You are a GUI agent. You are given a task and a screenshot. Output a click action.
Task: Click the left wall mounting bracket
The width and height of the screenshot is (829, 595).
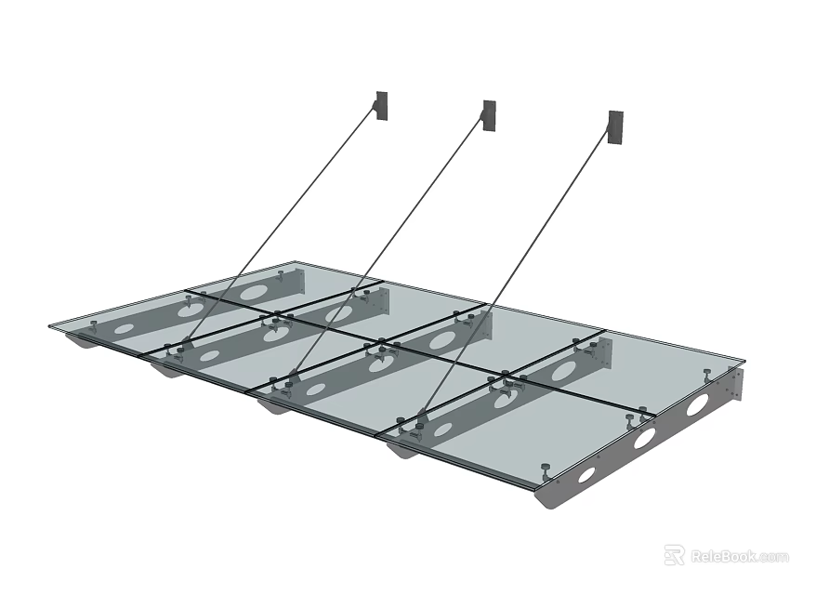(x=382, y=104)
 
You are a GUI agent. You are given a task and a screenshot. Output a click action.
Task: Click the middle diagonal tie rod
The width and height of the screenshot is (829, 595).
(x=390, y=242)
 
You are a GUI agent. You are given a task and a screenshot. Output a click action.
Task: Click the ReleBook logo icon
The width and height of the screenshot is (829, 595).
(x=674, y=556)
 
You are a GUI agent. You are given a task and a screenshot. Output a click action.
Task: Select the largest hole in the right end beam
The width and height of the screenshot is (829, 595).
(x=697, y=404)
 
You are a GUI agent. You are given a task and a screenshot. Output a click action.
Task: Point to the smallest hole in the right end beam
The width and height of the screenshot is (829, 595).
(x=586, y=474)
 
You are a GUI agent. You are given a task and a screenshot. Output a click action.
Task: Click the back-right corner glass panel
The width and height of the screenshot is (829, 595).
(x=669, y=363)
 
